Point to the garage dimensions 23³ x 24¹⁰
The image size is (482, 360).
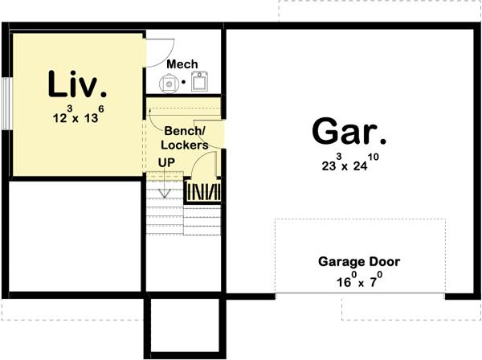(347, 166)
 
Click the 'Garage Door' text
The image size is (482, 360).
(358, 261)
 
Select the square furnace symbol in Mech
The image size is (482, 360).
(200, 80)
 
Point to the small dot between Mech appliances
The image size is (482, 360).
(186, 81)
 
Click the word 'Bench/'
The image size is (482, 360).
(185, 131)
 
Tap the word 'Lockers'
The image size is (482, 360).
(184, 145)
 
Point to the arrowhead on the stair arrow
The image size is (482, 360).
(165, 194)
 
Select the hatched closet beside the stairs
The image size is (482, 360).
(204, 191)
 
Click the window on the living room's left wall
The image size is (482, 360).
(6, 102)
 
